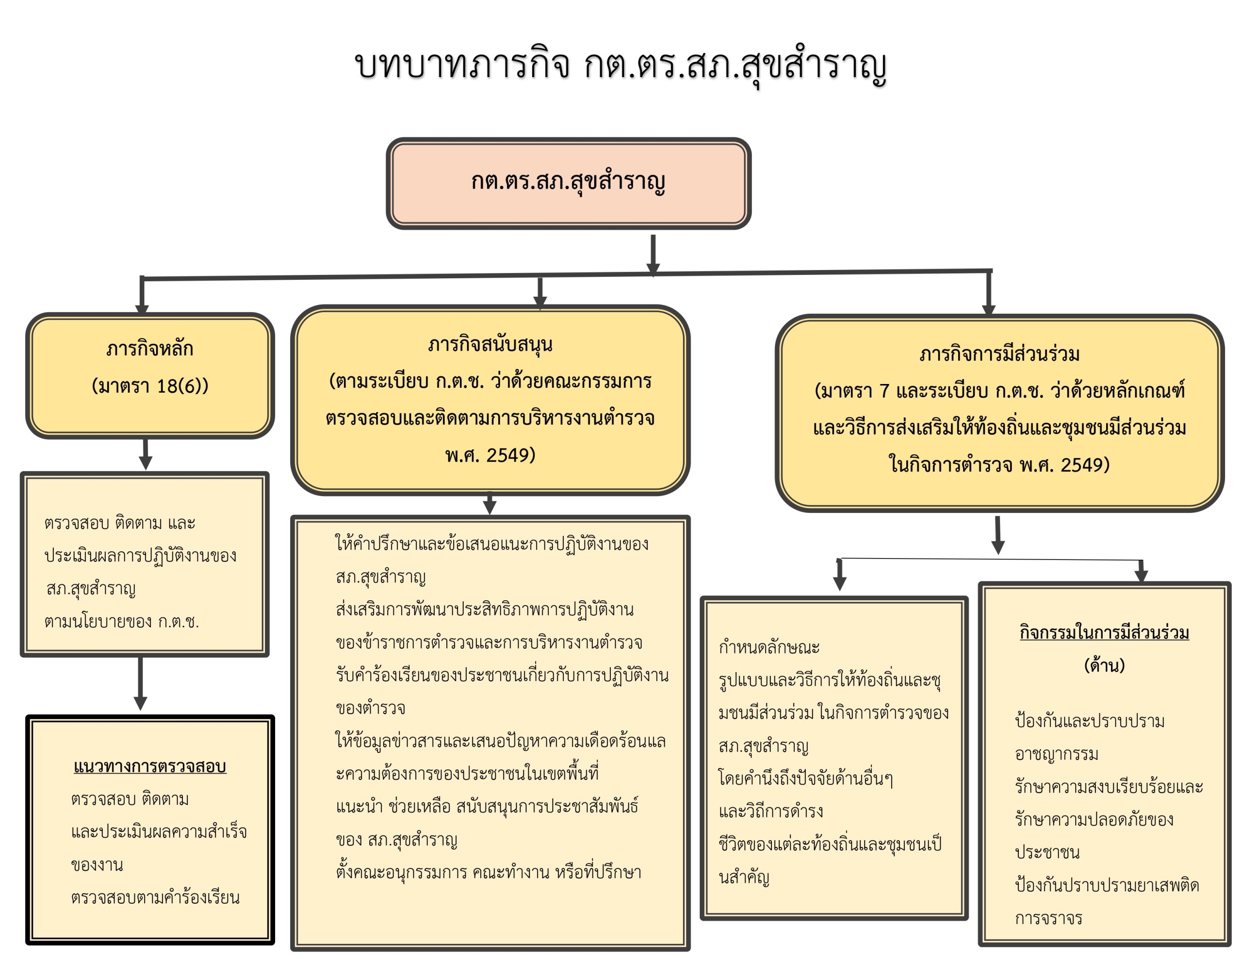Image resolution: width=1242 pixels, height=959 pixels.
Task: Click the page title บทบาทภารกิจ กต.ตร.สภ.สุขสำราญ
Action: [620, 65]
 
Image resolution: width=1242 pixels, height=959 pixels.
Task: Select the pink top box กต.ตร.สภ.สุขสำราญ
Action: [568, 183]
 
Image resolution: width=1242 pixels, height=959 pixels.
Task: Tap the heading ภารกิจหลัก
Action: [149, 348]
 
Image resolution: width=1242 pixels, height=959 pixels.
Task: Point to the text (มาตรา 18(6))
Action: [149, 386]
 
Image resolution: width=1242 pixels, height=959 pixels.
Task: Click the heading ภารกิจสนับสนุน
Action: [490, 344]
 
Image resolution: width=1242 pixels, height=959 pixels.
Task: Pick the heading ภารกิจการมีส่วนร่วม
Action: [999, 354]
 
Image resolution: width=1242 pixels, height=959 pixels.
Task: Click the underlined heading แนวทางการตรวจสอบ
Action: [149, 767]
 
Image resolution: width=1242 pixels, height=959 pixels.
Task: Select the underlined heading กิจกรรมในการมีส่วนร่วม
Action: [1104, 632]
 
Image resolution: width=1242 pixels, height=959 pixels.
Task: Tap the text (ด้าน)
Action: [1104, 665]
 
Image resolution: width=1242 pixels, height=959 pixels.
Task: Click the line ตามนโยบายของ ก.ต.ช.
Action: [122, 622]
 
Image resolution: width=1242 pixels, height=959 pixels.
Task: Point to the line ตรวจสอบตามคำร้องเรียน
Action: [155, 897]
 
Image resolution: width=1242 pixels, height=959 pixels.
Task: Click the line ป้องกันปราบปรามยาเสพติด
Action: [1107, 885]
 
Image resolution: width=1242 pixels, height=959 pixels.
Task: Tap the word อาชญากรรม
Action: [1056, 754]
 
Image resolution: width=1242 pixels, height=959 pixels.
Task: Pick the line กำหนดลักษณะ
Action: [769, 647]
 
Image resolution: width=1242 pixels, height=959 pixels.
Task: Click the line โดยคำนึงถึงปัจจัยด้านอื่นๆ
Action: [805, 778]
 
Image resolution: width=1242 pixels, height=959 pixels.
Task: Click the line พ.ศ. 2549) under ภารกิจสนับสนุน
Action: [490, 455]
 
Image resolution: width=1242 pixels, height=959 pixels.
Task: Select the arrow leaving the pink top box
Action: [653, 254]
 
